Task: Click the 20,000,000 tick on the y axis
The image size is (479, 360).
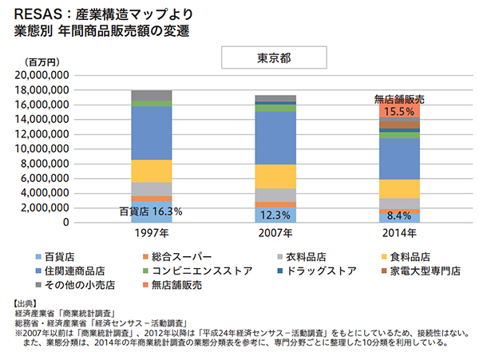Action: tap(45, 74)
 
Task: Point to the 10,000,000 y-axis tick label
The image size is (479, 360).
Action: tap(45, 149)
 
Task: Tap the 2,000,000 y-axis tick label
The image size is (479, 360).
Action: tap(48, 208)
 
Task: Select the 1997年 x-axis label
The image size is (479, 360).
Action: tap(152, 233)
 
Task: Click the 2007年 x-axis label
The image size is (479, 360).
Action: tap(275, 233)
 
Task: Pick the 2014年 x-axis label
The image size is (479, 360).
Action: tap(398, 233)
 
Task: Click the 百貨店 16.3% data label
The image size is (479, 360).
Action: tap(151, 212)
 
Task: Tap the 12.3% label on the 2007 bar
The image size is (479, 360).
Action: tap(275, 215)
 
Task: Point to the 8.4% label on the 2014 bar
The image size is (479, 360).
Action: tap(398, 216)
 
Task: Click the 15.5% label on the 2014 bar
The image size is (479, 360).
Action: tap(398, 113)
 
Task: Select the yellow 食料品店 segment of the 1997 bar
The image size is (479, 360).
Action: tap(152, 171)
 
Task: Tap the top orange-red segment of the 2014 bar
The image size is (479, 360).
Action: tap(398, 110)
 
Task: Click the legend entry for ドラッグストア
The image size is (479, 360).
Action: tap(316, 271)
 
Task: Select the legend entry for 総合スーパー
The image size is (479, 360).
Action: tap(188, 257)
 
